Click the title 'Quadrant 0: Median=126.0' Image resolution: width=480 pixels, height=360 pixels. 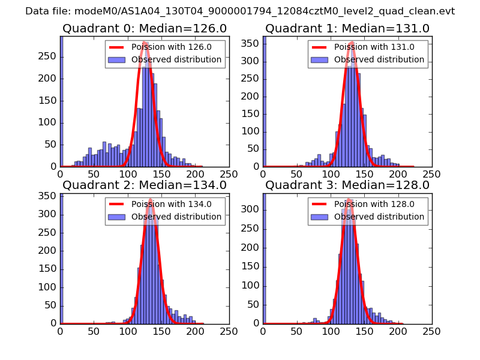pyautogui.click(x=144, y=28)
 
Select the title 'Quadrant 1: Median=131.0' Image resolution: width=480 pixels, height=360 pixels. pyautogui.click(x=347, y=28)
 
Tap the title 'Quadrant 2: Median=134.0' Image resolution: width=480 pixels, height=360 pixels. pyautogui.click(x=144, y=185)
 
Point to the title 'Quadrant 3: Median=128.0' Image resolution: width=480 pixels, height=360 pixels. pyautogui.click(x=347, y=185)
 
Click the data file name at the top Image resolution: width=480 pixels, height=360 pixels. pyautogui.click(x=240, y=11)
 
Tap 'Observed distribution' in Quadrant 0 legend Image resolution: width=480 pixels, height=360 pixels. pyautogui.click(x=176, y=59)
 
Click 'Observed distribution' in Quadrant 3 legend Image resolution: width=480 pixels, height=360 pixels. pyautogui.click(x=379, y=216)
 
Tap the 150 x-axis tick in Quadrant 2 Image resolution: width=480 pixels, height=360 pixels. pyautogui.click(x=161, y=329)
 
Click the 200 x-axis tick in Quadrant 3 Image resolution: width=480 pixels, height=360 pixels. pyautogui.click(x=398, y=329)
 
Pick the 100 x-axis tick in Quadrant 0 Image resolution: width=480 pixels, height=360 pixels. pyautogui.click(x=127, y=173)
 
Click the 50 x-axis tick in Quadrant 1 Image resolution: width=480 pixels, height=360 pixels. pyautogui.click(x=296, y=173)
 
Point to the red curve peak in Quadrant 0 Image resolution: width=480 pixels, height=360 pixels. pyautogui.click(x=145, y=43)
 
